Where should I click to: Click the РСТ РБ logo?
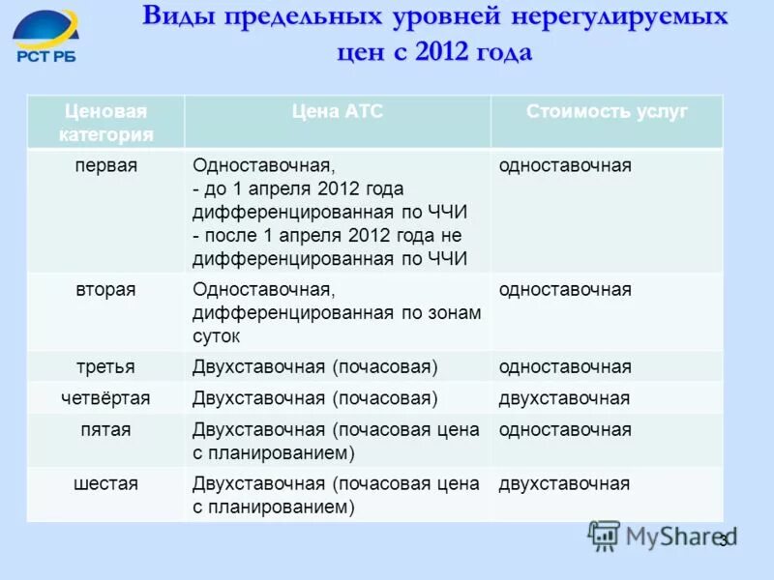(46, 37)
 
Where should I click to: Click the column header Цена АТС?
(338, 111)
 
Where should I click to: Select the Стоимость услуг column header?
(607, 111)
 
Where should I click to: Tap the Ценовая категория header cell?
(105, 123)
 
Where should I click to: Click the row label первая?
(105, 165)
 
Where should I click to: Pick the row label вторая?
(105, 289)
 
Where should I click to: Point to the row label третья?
(105, 367)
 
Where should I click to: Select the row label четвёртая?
(105, 398)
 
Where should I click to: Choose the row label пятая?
(105, 429)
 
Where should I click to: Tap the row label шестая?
(105, 483)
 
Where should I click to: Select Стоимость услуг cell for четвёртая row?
(564, 398)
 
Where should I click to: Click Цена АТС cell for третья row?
(315, 367)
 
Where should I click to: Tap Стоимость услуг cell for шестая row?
(564, 483)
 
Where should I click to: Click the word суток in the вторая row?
(217, 336)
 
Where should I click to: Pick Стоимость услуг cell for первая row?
(565, 165)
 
